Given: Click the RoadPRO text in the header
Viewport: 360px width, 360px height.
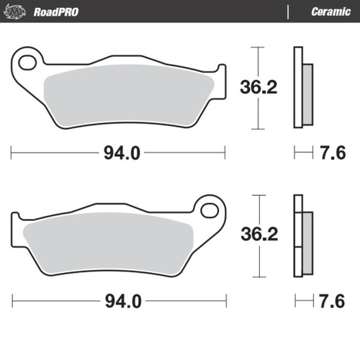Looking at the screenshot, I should tap(60, 11).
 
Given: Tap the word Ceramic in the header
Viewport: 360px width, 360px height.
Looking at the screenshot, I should tap(330, 11).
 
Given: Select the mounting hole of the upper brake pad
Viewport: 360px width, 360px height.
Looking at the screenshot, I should tap(28, 62).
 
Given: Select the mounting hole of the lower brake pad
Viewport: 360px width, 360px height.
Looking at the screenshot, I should tap(211, 210).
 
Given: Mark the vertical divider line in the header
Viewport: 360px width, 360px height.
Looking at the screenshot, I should tap(288, 11).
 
